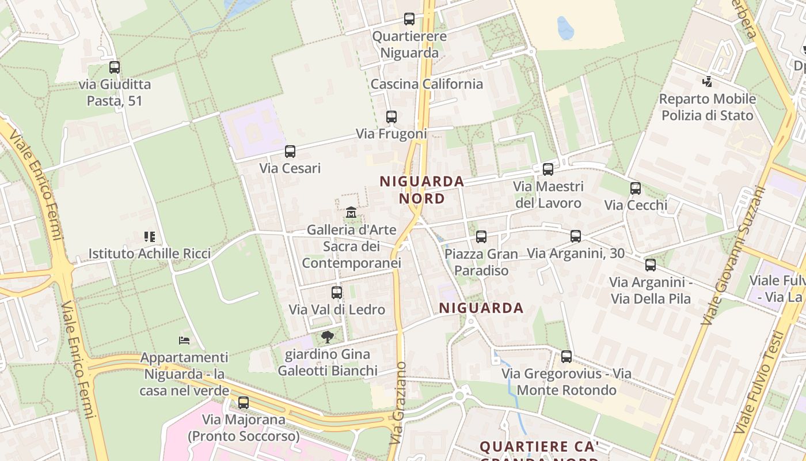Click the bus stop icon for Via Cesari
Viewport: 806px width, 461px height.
click(290, 152)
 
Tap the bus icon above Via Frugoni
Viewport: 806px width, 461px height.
click(391, 117)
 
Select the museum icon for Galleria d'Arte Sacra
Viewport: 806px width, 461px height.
click(351, 213)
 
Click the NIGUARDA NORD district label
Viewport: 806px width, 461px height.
click(422, 190)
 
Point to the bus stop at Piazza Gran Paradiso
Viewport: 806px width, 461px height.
click(481, 237)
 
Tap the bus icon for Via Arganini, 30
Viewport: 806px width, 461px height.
click(575, 236)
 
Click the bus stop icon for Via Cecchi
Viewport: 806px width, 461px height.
click(636, 188)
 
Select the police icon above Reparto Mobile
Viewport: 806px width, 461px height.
click(707, 82)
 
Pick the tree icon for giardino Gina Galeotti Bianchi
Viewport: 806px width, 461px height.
click(328, 337)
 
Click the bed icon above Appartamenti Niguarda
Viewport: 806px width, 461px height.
click(184, 341)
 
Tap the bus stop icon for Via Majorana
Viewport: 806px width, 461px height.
click(244, 403)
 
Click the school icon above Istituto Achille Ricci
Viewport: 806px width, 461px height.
click(150, 236)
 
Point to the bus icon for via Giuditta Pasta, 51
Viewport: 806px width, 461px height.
click(115, 67)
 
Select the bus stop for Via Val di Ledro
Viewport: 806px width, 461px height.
click(337, 293)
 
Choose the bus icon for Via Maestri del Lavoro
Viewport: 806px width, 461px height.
click(548, 169)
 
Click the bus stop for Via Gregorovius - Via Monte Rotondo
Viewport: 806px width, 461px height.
click(567, 357)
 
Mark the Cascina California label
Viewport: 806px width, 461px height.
click(427, 84)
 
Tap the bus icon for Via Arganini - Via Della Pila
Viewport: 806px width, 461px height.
click(651, 265)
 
